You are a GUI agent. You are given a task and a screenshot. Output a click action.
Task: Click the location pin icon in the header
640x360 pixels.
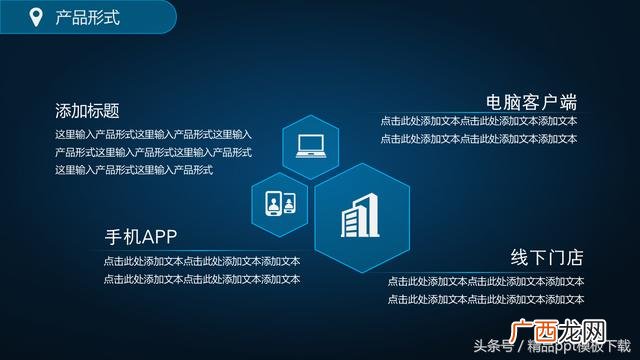[x=36, y=17]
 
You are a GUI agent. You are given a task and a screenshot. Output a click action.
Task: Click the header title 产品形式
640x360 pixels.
[x=87, y=17]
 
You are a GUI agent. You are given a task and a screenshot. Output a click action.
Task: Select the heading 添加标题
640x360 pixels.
[x=94, y=111]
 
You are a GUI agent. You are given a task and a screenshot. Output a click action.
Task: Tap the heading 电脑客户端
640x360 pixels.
[x=531, y=102]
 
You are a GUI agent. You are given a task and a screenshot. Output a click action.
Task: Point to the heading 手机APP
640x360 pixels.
[x=141, y=237]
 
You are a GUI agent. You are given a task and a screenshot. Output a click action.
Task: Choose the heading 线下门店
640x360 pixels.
[x=547, y=257]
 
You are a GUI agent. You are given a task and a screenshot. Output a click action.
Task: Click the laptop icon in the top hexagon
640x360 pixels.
[x=311, y=146]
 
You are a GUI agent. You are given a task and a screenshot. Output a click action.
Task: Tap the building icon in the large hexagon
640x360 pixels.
[x=362, y=216]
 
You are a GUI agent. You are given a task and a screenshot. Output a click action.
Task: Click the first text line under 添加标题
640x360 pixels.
[x=153, y=134]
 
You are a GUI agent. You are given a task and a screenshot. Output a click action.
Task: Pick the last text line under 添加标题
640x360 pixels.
[x=134, y=170]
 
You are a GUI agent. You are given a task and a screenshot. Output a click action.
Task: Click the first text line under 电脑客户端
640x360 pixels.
[x=479, y=122]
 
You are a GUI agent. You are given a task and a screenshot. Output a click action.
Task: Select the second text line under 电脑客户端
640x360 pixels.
[x=479, y=139]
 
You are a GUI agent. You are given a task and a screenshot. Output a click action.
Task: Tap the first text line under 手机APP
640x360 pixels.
[x=201, y=261]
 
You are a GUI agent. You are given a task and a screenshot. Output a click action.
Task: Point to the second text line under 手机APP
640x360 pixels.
[x=201, y=279]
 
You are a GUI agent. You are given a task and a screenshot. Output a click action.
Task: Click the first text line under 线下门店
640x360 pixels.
[x=486, y=282]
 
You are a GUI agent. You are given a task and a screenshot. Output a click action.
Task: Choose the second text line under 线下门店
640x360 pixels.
[x=486, y=299]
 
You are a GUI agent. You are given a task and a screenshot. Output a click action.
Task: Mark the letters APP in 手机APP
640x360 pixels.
[x=160, y=237]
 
